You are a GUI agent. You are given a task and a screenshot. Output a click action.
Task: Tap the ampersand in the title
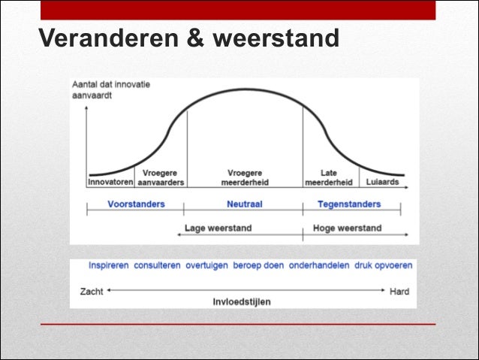(x=194, y=38)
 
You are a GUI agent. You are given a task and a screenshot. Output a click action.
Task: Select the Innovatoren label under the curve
(x=110, y=182)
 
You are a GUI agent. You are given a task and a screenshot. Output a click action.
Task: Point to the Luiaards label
(x=382, y=182)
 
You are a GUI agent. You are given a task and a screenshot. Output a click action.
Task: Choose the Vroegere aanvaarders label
(x=161, y=177)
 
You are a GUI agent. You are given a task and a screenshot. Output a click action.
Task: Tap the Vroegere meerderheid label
(x=245, y=177)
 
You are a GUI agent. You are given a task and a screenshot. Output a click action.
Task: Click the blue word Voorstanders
(x=136, y=204)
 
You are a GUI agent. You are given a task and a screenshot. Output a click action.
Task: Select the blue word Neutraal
(x=244, y=204)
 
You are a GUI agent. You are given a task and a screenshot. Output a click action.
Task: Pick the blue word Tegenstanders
(x=349, y=204)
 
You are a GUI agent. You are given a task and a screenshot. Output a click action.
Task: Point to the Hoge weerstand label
(x=347, y=228)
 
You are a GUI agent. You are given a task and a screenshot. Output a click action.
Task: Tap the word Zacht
(x=92, y=291)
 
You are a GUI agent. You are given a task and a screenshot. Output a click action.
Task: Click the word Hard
(x=399, y=291)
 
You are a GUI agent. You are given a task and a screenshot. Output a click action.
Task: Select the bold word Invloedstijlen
(x=242, y=301)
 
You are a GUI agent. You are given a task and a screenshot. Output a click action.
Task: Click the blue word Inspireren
(x=108, y=266)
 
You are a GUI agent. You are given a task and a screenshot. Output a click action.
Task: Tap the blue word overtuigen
(x=206, y=266)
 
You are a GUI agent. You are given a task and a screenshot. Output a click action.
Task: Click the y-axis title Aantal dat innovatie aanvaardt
(x=111, y=89)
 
